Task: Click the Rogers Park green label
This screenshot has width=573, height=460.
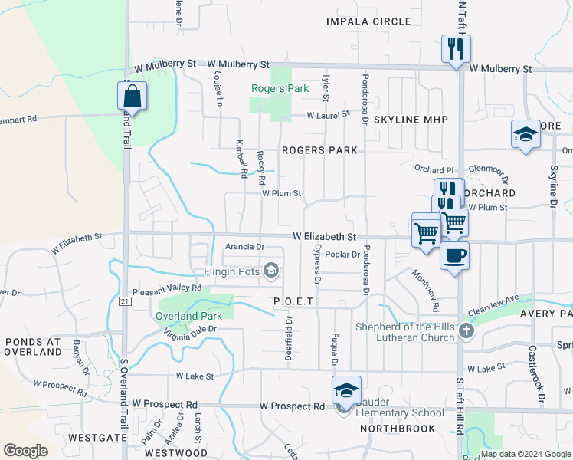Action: coord(280,89)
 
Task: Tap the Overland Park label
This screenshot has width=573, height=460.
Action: coord(188,316)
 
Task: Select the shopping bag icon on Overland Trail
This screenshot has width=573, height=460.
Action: coord(132,97)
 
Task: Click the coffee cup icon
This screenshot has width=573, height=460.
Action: coord(455,255)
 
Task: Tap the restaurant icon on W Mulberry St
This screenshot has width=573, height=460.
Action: coord(456,50)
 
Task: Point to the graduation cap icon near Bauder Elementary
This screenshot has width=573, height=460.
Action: coord(346,391)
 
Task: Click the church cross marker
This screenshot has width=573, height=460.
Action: coord(467,331)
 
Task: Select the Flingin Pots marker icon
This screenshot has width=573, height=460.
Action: coord(270,271)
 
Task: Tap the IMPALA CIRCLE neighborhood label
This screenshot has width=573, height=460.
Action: coord(368,21)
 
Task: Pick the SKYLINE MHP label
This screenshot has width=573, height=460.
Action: coord(410,120)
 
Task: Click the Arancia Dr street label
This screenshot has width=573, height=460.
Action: coord(245,247)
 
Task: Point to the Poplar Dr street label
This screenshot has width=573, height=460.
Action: coord(342,254)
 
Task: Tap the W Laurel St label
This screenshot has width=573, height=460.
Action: coord(328,115)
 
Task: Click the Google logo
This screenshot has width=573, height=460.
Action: coord(26,451)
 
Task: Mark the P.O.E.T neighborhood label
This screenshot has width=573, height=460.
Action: coord(293,302)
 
